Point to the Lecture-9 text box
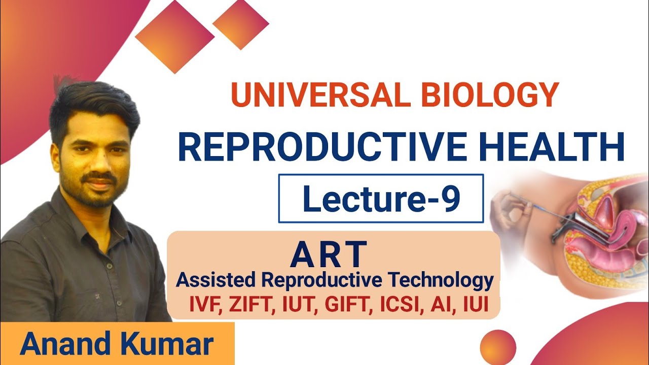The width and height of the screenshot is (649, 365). pyautogui.click(x=381, y=198)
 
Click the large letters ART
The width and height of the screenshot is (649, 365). pyautogui.click(x=329, y=254)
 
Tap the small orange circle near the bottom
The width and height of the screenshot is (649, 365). pyautogui.click(x=497, y=347)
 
